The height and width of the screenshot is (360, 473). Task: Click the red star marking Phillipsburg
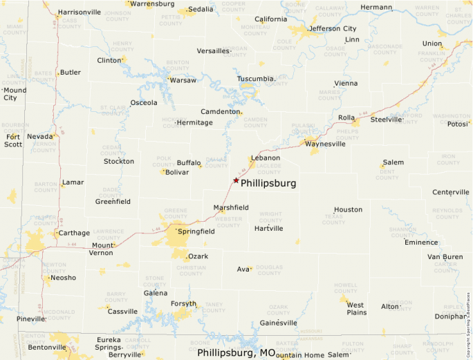coord(236,180)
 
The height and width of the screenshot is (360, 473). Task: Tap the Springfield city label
coord(196,231)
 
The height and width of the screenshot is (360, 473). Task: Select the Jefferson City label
coord(333,29)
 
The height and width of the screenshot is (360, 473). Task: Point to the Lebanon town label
coord(266,158)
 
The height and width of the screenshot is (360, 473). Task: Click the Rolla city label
coord(346,117)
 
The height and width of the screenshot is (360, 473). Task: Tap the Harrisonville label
coord(79,12)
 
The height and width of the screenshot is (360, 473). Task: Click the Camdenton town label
coord(221,112)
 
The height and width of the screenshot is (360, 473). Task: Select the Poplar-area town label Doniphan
coord(451,316)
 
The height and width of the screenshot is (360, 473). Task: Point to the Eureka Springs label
coord(108,343)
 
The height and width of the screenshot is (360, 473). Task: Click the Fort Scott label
coord(13,140)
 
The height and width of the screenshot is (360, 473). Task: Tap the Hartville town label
coord(268,229)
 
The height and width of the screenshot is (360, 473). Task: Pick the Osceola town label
coord(144,103)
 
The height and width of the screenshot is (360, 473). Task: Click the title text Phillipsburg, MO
coord(236,352)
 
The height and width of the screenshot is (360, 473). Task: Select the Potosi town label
coord(458,124)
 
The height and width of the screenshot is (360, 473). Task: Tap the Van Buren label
coord(445,257)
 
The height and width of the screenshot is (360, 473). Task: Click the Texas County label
coord(333,219)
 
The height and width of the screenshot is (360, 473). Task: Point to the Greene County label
coord(176,212)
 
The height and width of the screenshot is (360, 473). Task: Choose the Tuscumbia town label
coord(256,79)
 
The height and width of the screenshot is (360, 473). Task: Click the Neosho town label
coord(62,278)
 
